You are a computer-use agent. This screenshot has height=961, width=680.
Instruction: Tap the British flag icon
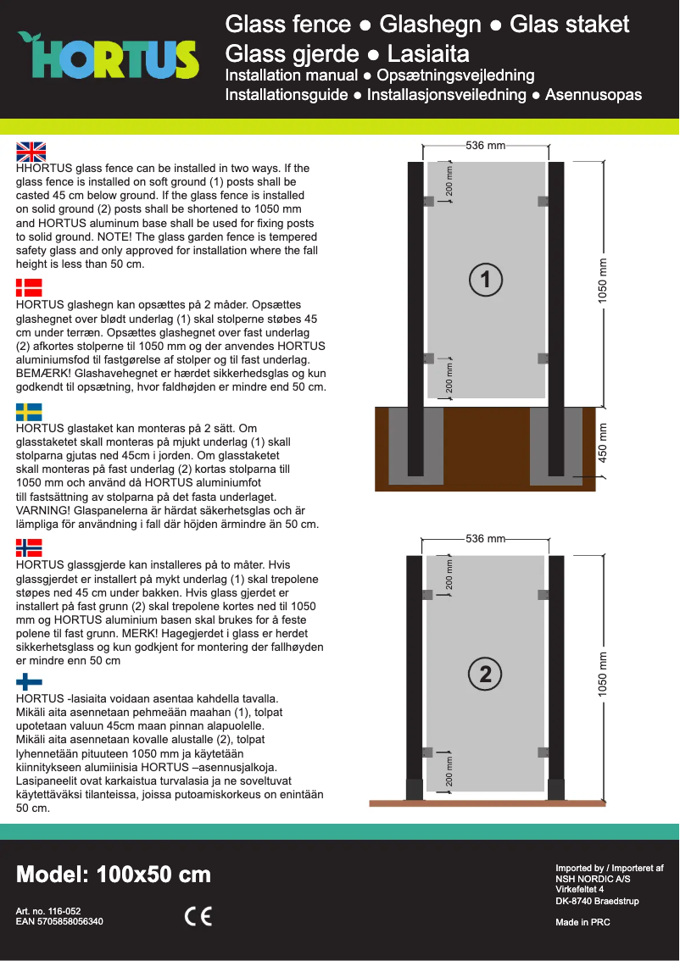coord(31,152)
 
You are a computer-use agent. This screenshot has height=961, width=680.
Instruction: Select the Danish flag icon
coord(29,286)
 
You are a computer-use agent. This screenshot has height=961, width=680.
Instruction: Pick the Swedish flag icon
coord(29,412)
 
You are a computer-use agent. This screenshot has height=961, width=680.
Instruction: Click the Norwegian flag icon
coord(29,547)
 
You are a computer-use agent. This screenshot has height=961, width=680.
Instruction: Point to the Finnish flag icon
coord(29,681)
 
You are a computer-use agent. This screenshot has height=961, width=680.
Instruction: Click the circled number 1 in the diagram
coord(485,280)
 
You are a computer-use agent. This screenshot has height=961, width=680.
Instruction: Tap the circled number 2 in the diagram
coord(485,674)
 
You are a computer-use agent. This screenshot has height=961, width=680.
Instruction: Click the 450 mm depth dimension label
coord(604,442)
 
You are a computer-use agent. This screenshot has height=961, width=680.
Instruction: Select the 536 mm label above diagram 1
coord(485,146)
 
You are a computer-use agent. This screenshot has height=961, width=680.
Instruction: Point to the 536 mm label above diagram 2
coord(485,539)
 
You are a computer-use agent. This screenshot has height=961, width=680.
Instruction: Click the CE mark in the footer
coord(198,916)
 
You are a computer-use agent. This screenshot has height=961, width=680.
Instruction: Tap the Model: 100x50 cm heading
coord(114,875)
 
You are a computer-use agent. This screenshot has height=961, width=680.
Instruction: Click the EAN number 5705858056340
coord(59,921)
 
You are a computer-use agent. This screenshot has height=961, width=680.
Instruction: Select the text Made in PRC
coord(582,922)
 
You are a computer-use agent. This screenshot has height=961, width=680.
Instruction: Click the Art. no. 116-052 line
coord(48,911)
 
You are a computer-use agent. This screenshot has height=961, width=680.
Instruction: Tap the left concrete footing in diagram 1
coord(415,447)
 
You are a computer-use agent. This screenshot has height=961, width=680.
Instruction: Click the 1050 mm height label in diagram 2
coord(604,675)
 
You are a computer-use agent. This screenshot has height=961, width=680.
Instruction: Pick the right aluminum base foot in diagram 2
coord(556,789)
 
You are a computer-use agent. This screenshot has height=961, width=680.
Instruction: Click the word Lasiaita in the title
coord(428,54)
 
